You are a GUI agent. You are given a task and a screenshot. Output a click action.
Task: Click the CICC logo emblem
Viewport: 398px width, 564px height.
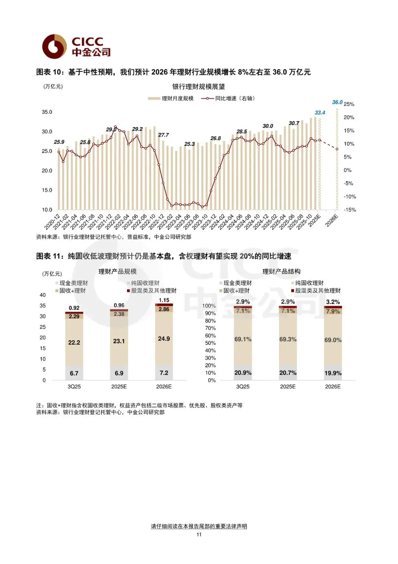tap(54, 47)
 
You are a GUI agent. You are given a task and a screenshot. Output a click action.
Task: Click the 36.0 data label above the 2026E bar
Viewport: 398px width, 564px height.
tap(337, 102)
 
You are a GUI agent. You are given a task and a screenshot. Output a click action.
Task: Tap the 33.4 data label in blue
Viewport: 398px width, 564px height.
tap(320, 113)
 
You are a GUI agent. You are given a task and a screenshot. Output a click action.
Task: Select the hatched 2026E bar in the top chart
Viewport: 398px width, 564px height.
tap(337, 159)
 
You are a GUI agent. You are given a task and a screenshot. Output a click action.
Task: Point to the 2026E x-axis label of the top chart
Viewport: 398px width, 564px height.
tap(332, 220)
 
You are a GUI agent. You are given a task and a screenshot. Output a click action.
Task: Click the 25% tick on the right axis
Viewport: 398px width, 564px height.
tap(349, 104)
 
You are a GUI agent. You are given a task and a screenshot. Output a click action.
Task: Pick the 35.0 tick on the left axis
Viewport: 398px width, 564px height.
tap(47, 112)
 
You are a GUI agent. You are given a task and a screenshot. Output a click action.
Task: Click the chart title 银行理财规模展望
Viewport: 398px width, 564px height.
tap(198, 87)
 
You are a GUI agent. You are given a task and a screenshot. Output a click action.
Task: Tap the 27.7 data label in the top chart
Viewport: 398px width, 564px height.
tap(163, 135)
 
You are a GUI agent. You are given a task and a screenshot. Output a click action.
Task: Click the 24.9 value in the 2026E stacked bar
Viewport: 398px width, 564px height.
tap(164, 339)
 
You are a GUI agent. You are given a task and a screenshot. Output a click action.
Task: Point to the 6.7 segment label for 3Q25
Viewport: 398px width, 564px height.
tap(74, 373)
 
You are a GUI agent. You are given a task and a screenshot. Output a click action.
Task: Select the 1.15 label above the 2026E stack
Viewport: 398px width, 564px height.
tap(164, 300)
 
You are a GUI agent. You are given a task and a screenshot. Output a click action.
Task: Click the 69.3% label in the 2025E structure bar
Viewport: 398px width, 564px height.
tap(288, 339)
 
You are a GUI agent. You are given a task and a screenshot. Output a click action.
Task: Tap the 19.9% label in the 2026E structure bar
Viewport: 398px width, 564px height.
tap(333, 373)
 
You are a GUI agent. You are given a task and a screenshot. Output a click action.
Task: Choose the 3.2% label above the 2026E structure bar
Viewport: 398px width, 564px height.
tap(333, 302)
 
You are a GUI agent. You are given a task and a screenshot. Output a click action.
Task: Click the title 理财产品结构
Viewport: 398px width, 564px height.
tap(281, 272)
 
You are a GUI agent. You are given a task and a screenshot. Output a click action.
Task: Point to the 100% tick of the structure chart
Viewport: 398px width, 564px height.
tap(209, 306)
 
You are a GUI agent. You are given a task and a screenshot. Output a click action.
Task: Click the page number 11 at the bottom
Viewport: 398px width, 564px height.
tap(199, 534)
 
